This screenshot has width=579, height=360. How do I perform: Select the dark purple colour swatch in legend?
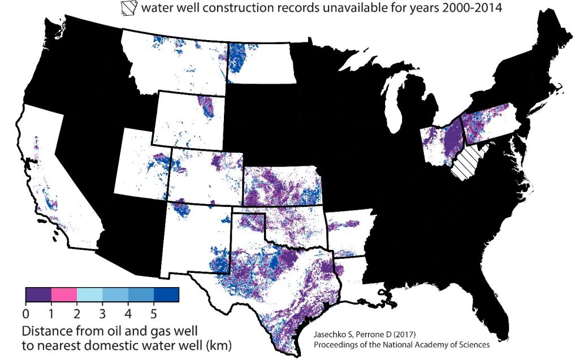pyautogui.click(x=38, y=294)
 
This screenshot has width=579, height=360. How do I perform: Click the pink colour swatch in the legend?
pyautogui.click(x=64, y=294)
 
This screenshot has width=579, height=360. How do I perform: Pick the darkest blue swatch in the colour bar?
pyautogui.click(x=166, y=294)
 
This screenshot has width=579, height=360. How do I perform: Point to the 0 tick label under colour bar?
pyautogui.click(x=26, y=312)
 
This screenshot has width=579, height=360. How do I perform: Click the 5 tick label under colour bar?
pyautogui.click(x=154, y=312)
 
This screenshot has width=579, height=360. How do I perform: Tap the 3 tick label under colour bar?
pyautogui.click(x=102, y=312)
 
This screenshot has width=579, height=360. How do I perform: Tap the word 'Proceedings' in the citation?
pyautogui.click(x=337, y=344)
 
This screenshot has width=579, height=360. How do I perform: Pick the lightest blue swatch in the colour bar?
pyautogui.click(x=89, y=294)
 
